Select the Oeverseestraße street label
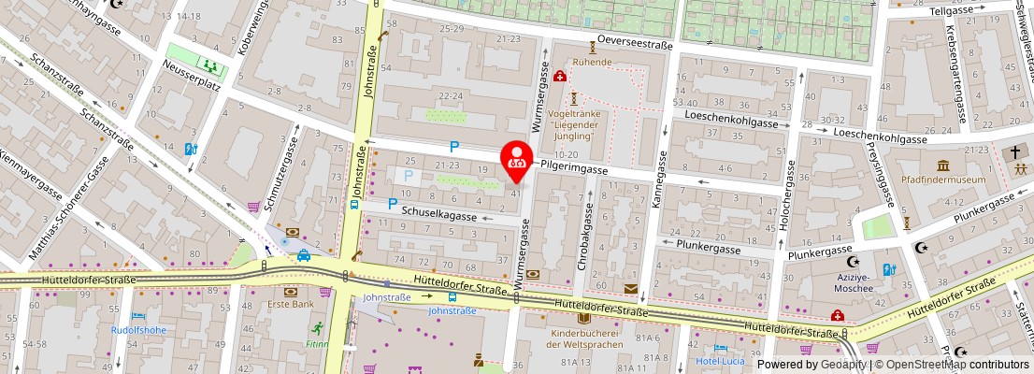pyautogui.click(x=635, y=41)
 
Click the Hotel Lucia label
pyautogui.click(x=721, y=361)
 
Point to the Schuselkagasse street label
pyautogui.click(x=439, y=216)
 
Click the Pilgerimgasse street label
pyautogui.click(x=574, y=171)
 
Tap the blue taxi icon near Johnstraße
pyautogui.click(x=304, y=255)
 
